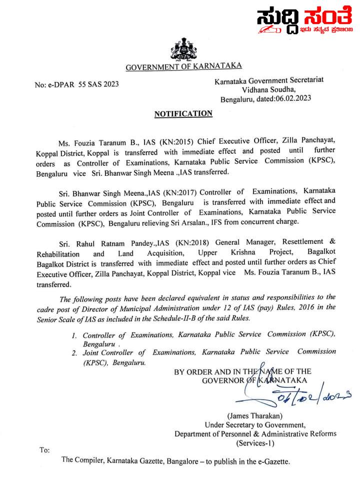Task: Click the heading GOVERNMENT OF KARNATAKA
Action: (183, 66)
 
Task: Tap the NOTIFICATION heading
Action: (183, 114)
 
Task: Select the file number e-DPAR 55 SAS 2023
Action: (83, 84)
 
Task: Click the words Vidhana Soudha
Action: (269, 89)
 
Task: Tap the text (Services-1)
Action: (255, 443)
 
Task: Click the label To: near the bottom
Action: (44, 450)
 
